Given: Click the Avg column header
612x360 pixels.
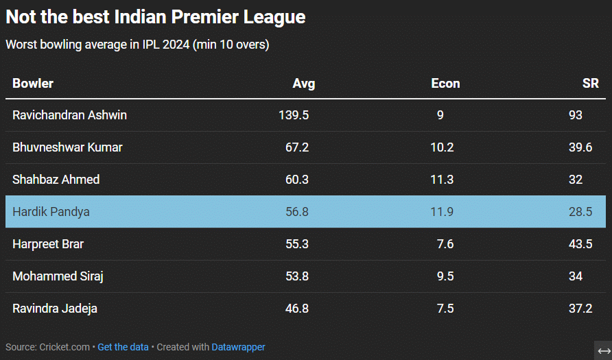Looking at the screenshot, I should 303,84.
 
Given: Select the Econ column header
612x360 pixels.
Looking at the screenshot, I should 445,84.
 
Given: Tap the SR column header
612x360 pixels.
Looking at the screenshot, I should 590,84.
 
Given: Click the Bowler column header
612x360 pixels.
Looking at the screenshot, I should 33,84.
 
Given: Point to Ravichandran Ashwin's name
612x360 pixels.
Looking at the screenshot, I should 69,115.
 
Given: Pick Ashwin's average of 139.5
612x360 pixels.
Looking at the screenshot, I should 294,115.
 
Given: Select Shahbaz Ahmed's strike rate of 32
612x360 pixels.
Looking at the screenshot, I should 576,180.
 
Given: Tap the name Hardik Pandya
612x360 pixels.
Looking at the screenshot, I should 51,212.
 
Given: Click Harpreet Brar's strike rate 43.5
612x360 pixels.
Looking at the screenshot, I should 580,244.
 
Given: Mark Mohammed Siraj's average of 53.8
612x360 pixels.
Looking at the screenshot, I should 297,276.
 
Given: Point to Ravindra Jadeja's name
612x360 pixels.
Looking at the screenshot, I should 55,309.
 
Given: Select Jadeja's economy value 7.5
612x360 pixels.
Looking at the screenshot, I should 445,309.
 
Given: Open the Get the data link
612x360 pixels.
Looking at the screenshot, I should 123,347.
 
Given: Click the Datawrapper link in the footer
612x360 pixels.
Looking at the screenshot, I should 238,347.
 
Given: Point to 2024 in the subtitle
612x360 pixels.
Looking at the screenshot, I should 175,45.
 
